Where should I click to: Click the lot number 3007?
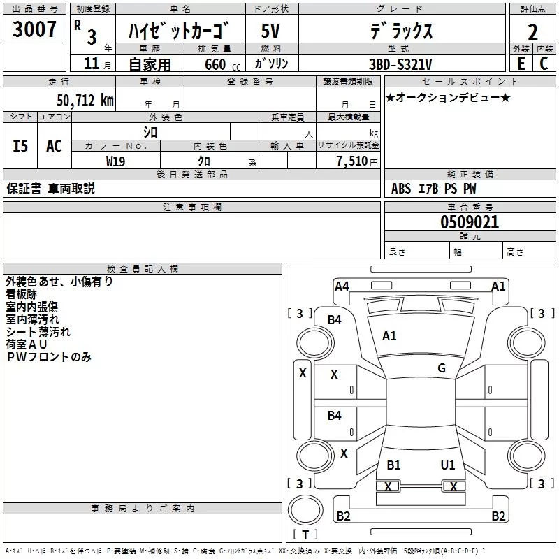click(x=36, y=29)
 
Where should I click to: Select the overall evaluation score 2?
click(x=532, y=31)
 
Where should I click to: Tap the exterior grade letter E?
click(x=521, y=63)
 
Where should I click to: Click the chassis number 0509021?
click(x=470, y=222)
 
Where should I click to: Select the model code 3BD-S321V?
click(x=400, y=64)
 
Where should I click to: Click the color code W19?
click(x=116, y=161)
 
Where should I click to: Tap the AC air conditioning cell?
click(x=54, y=146)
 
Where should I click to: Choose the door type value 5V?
click(x=271, y=31)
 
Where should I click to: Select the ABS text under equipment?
click(x=401, y=189)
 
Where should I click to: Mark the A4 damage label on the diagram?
click(x=342, y=286)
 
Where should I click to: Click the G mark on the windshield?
click(x=442, y=368)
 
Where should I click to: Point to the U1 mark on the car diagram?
click(x=448, y=465)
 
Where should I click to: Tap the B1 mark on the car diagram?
click(x=393, y=465)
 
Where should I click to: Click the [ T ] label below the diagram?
click(x=305, y=535)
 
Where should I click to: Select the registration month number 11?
click(x=91, y=64)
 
